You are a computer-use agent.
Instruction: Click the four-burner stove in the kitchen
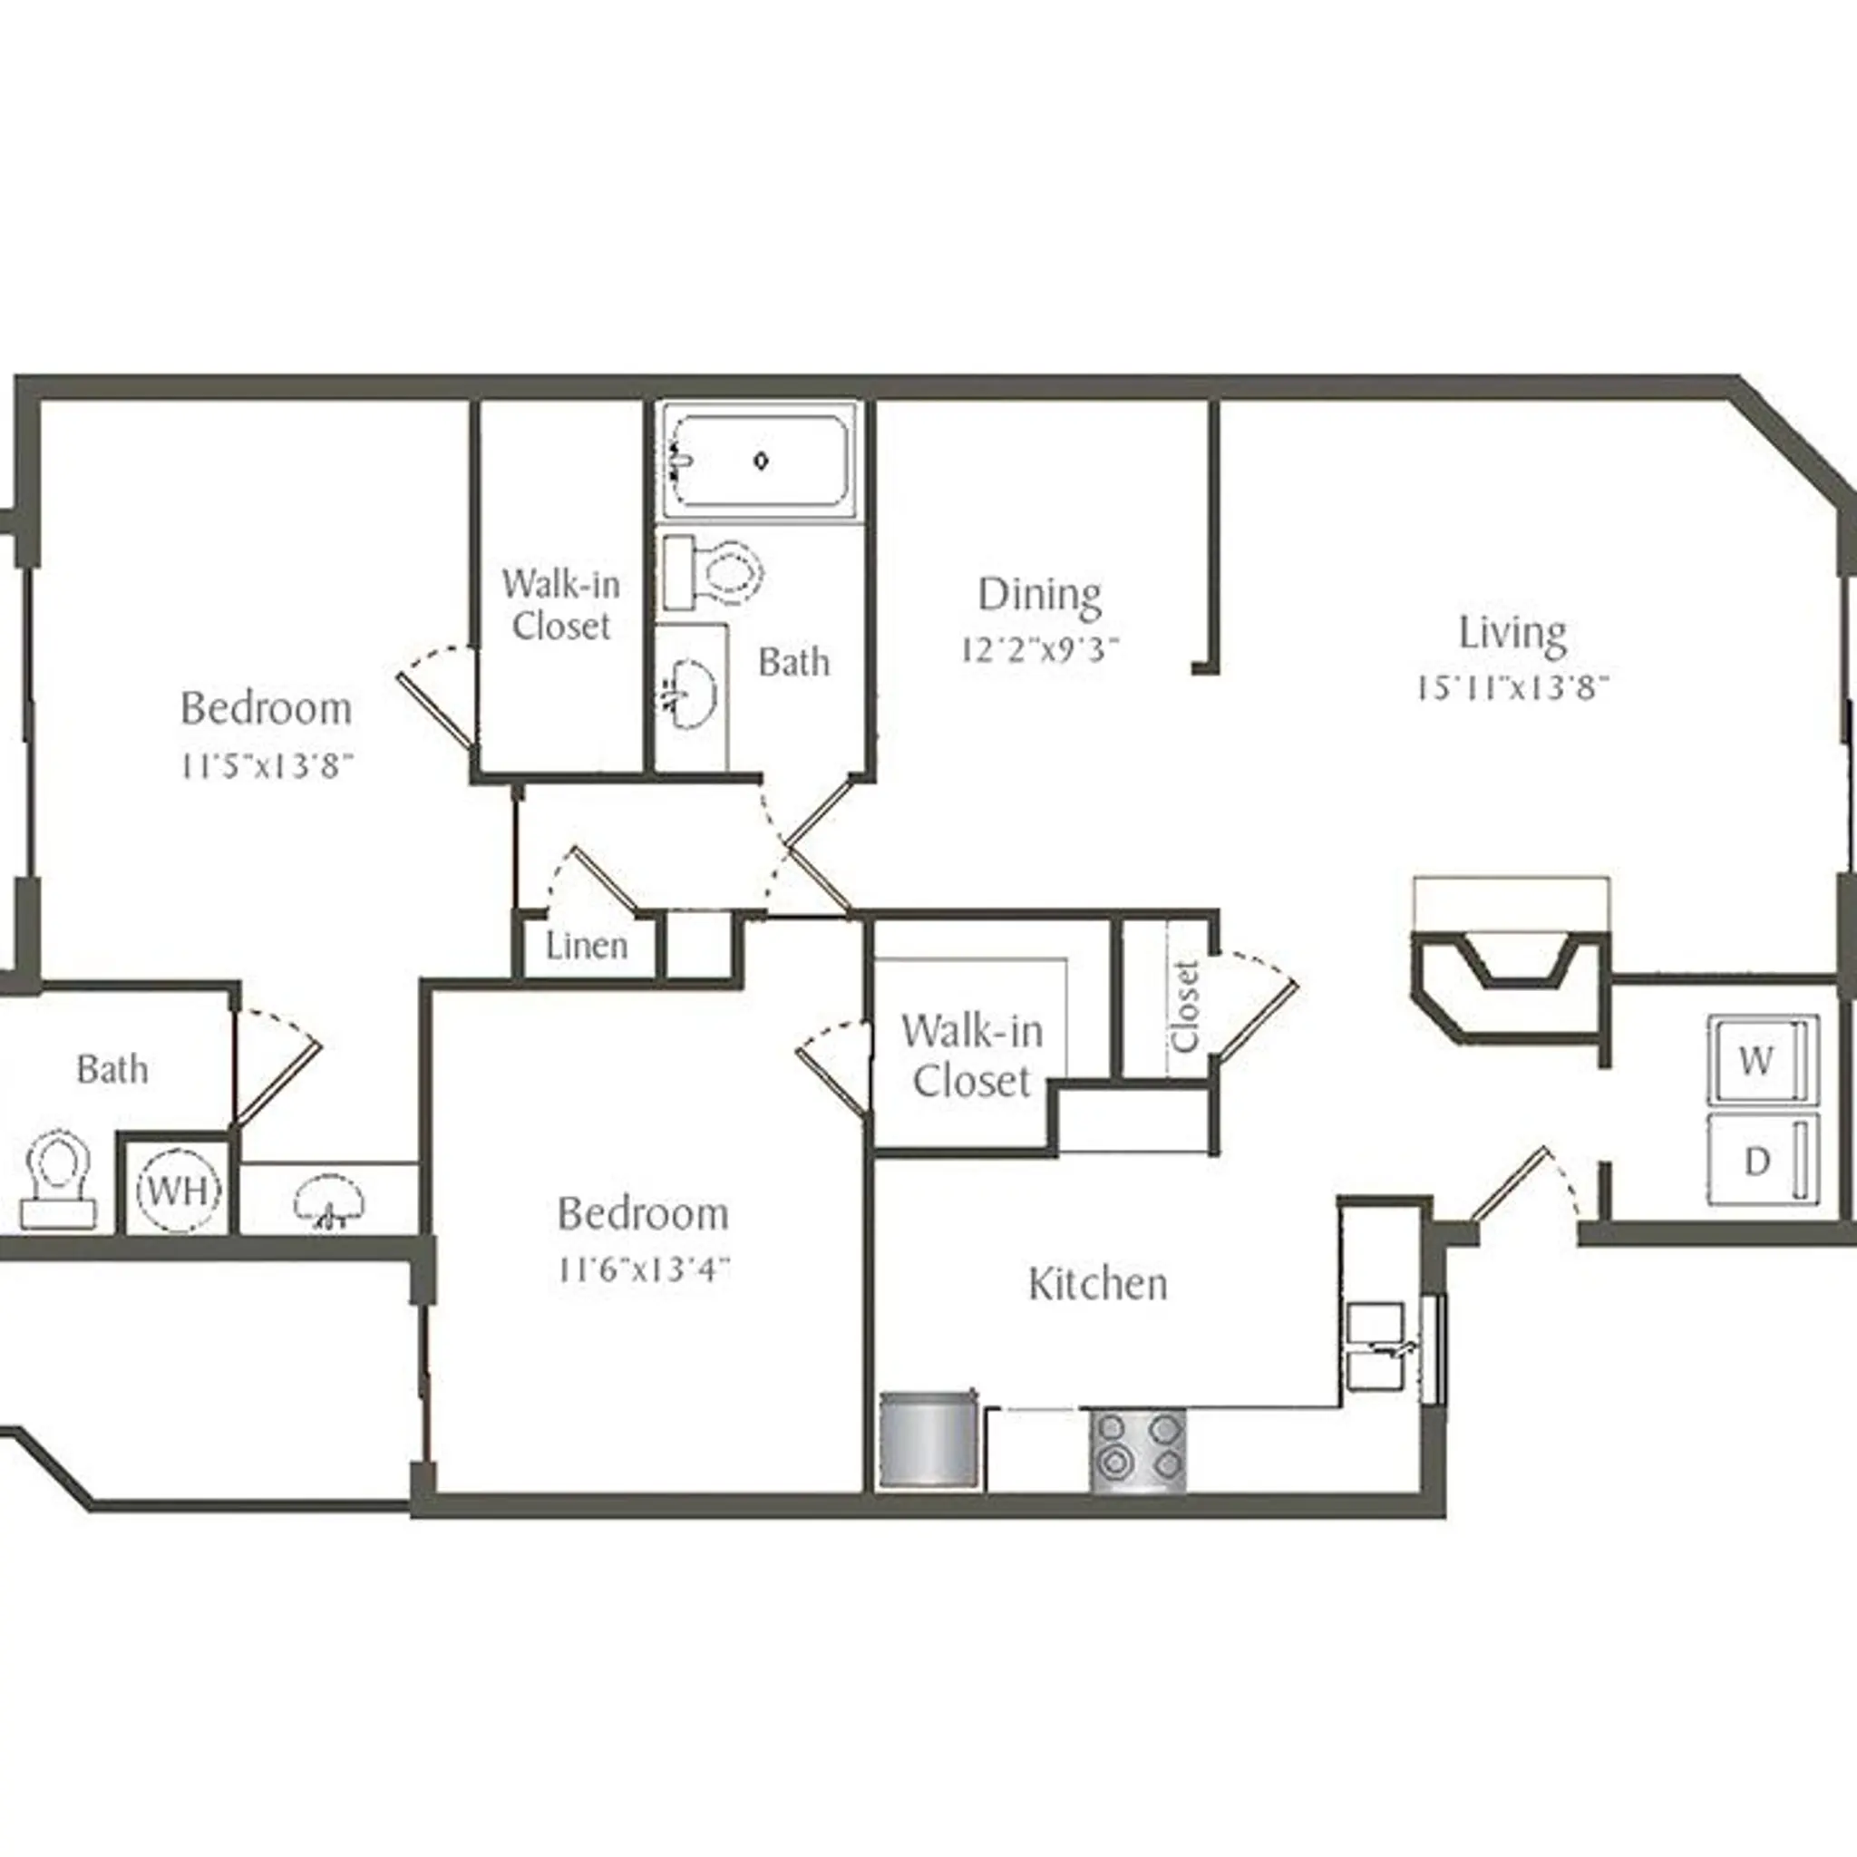1137,1451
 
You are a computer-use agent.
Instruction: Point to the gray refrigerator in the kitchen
928,1441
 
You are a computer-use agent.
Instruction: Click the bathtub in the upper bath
760,462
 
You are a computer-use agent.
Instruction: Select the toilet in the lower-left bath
59,1179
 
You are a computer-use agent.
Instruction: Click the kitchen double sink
1376,1347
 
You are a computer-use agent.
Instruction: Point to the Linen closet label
587,946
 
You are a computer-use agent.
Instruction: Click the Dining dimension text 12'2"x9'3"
1040,651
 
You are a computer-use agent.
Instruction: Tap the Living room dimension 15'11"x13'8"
1512,688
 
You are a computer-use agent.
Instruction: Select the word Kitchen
1098,1284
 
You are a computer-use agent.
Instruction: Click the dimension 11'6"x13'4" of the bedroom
643,1269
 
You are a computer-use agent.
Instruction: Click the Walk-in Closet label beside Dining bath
560,605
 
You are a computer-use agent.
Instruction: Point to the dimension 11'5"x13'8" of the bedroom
267,766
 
